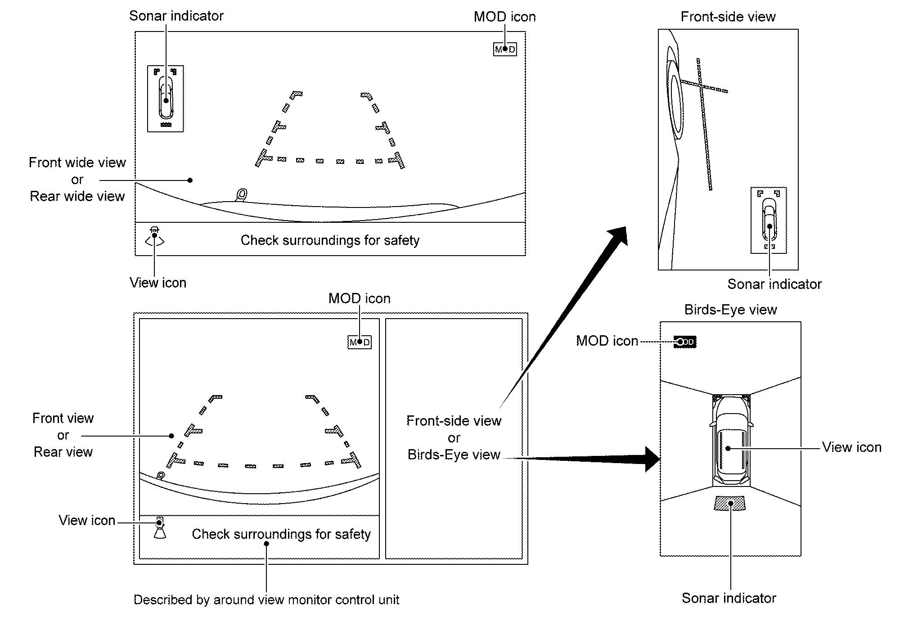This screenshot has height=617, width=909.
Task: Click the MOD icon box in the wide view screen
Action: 505,49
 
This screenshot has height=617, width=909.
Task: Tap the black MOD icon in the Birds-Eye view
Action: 685,342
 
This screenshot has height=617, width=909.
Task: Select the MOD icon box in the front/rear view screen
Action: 360,342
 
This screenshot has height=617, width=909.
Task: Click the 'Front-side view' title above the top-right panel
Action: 728,17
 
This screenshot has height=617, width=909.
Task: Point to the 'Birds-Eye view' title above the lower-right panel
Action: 730,310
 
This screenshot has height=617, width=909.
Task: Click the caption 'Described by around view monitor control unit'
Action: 266,600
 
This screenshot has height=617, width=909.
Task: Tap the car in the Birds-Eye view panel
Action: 731,441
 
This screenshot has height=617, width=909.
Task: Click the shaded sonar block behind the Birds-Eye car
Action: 729,503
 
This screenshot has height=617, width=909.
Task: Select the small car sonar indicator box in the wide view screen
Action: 166,99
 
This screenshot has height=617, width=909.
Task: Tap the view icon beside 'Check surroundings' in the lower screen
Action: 160,527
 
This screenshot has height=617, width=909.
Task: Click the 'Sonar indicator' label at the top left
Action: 176,16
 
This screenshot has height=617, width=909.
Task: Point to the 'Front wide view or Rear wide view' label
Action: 77,180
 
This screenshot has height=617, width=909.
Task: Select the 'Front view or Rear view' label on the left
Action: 63,435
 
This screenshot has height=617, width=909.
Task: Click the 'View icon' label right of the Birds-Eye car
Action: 851,447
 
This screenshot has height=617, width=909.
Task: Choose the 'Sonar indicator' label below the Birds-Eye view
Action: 729,598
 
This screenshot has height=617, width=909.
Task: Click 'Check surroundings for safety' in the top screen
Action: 330,240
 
